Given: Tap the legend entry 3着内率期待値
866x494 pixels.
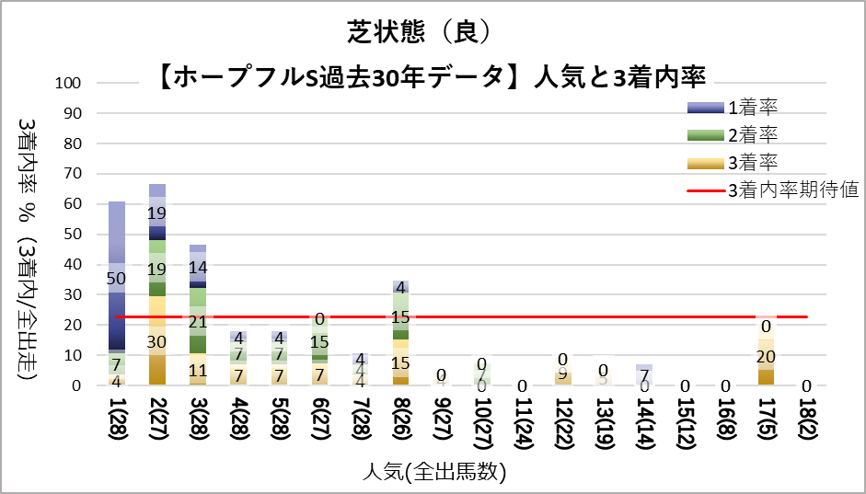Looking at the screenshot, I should point(792,190).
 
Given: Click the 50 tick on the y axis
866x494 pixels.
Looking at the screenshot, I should point(75,234).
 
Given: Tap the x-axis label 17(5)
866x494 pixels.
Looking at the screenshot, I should point(767,419).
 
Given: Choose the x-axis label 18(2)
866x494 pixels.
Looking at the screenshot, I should point(807,419).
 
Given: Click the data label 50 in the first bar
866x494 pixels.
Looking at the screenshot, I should point(117,279).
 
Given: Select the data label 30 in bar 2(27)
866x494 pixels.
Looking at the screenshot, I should point(157,340).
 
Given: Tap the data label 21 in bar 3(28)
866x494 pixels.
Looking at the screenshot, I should point(198,322).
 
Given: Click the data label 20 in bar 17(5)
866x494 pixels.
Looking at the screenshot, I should point(766,357).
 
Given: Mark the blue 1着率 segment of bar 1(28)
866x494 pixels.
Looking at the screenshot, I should point(117,276).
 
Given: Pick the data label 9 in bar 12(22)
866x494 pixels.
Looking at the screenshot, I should point(563,374).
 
